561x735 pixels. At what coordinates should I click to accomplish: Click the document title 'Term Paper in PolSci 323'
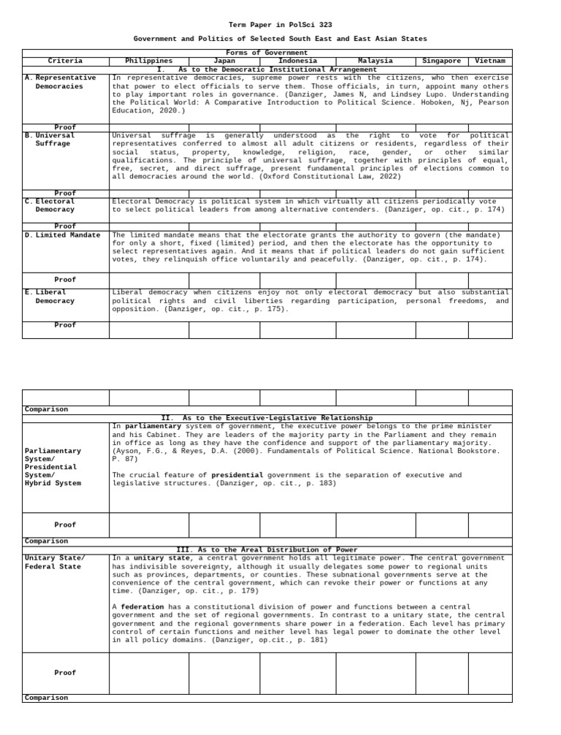[280, 25]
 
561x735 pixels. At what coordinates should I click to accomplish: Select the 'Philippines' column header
[149, 61]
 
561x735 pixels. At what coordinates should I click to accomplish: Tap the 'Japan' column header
[224, 61]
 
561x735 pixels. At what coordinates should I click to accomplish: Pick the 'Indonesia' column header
[297, 61]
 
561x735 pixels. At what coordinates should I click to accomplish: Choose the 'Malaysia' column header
[375, 61]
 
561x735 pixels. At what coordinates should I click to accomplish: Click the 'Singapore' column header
[441, 61]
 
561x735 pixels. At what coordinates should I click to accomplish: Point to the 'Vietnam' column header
[489, 61]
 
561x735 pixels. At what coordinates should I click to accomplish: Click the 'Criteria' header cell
[65, 61]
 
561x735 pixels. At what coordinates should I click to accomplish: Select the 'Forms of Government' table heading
[267, 53]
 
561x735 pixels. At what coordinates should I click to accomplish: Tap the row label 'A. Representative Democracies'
[65, 83]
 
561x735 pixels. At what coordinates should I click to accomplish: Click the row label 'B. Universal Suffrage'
[55, 140]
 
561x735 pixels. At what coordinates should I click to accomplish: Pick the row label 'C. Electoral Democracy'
[55, 206]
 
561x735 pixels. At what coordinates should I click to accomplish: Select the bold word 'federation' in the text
[142, 607]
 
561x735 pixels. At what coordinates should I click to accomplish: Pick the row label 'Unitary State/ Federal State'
[55, 563]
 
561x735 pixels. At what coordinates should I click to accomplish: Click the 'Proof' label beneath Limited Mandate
[65, 280]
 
